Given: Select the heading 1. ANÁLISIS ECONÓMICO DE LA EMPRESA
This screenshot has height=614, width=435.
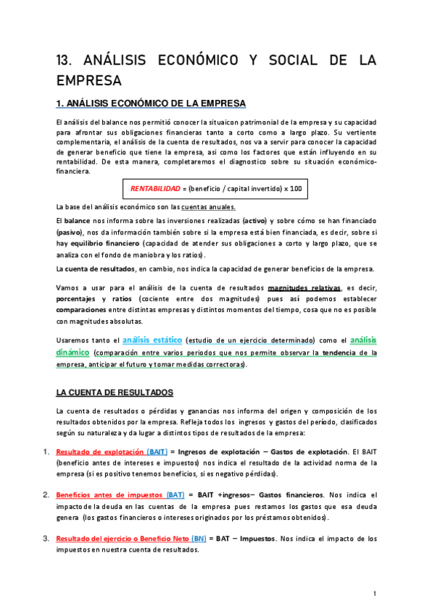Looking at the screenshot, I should pos(151,104).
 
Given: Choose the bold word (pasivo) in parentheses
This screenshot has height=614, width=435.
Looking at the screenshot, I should pos(70,232).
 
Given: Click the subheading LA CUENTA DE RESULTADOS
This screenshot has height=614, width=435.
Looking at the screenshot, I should pos(115,392).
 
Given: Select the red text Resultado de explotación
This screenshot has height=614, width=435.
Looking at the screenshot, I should pos(99,452).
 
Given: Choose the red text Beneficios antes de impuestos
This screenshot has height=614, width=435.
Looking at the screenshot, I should pos(109,495).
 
